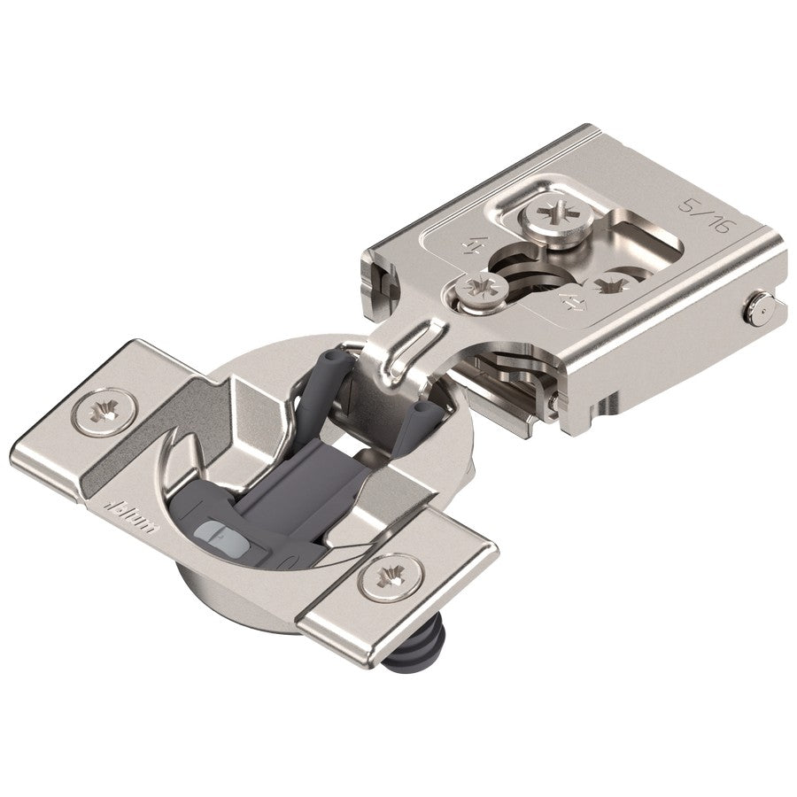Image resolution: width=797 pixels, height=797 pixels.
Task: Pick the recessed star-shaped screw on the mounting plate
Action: [609, 285]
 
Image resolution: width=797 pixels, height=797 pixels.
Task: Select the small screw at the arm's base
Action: [484, 290]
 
